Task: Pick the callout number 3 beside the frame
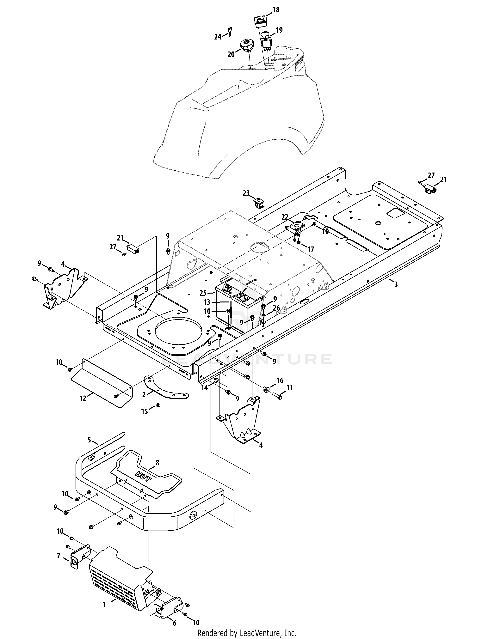(396, 284)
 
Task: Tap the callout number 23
(246, 193)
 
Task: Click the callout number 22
(285, 217)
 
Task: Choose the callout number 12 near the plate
(83, 398)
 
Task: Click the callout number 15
(145, 411)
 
